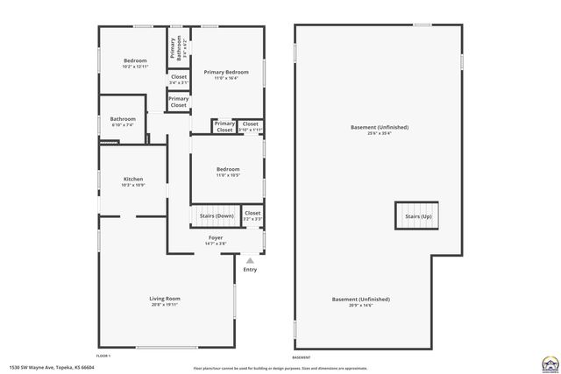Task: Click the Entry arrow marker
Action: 250,260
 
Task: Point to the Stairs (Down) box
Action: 216,215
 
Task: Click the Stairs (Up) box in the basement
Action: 417,215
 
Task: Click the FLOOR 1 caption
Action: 103,356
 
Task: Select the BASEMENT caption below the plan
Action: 301,357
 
